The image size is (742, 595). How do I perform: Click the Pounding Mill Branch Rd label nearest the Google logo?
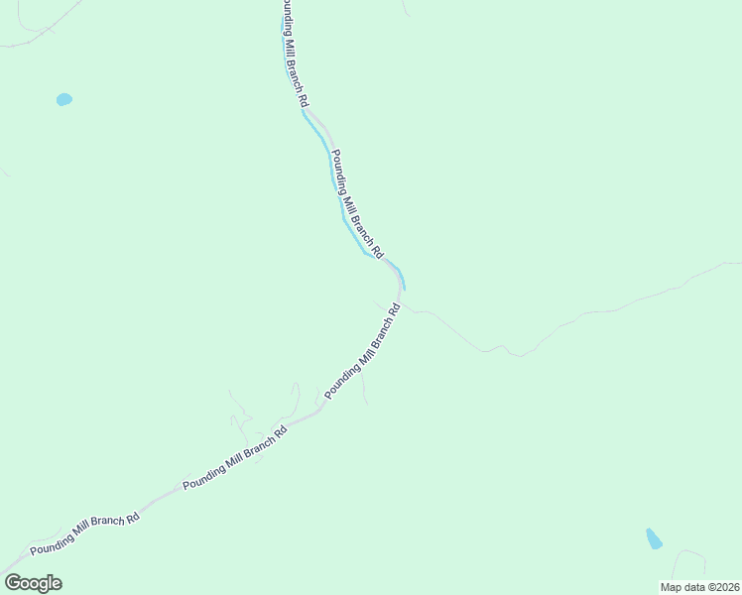coord(84,534)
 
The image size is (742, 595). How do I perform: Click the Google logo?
coord(33,582)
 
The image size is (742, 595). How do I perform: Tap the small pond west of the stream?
coord(64,99)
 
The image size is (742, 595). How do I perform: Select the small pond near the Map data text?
coord(653,538)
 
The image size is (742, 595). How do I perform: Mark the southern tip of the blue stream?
coord(404,288)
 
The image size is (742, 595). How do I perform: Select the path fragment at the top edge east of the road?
coord(405,8)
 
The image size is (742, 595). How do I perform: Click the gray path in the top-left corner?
coord(40,33)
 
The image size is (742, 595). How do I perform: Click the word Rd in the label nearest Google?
coord(132,519)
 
